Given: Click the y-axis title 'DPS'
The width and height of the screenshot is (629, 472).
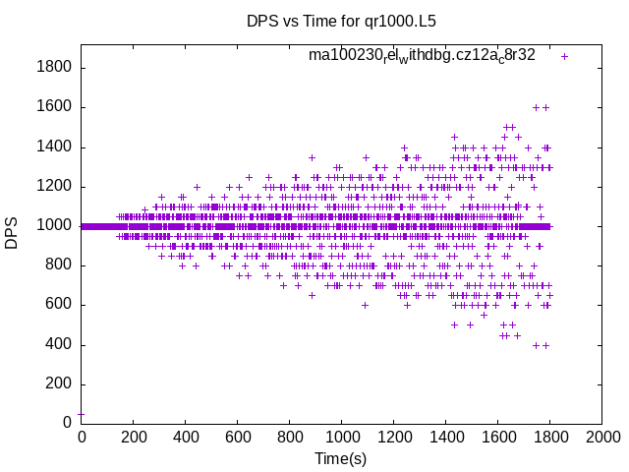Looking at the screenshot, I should coord(12,233).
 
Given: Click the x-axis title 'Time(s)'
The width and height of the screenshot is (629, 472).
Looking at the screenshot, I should coord(340,458).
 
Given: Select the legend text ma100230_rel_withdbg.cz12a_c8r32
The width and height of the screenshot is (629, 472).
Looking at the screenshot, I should coord(422,55).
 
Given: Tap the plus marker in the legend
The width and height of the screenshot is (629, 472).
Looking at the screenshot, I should coord(564,56).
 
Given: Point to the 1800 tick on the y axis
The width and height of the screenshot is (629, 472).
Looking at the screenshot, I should coord(52,68).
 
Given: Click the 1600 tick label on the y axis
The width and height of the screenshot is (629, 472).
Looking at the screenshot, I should coord(52,107).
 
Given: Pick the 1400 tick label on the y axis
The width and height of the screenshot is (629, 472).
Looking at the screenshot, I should coord(52,147).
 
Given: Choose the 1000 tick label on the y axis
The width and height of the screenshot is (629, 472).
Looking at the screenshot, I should coord(52,226).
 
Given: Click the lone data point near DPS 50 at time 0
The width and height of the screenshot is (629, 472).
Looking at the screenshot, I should coord(81,413).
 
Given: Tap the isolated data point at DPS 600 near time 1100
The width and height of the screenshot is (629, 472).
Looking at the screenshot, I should coord(365,305).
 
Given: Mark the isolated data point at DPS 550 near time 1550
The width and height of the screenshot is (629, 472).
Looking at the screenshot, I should coord(484,315).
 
